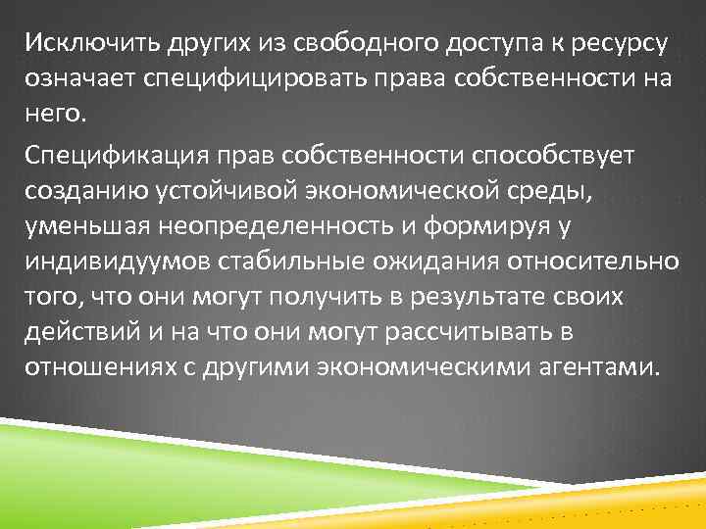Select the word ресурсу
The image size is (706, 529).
(621, 43)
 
